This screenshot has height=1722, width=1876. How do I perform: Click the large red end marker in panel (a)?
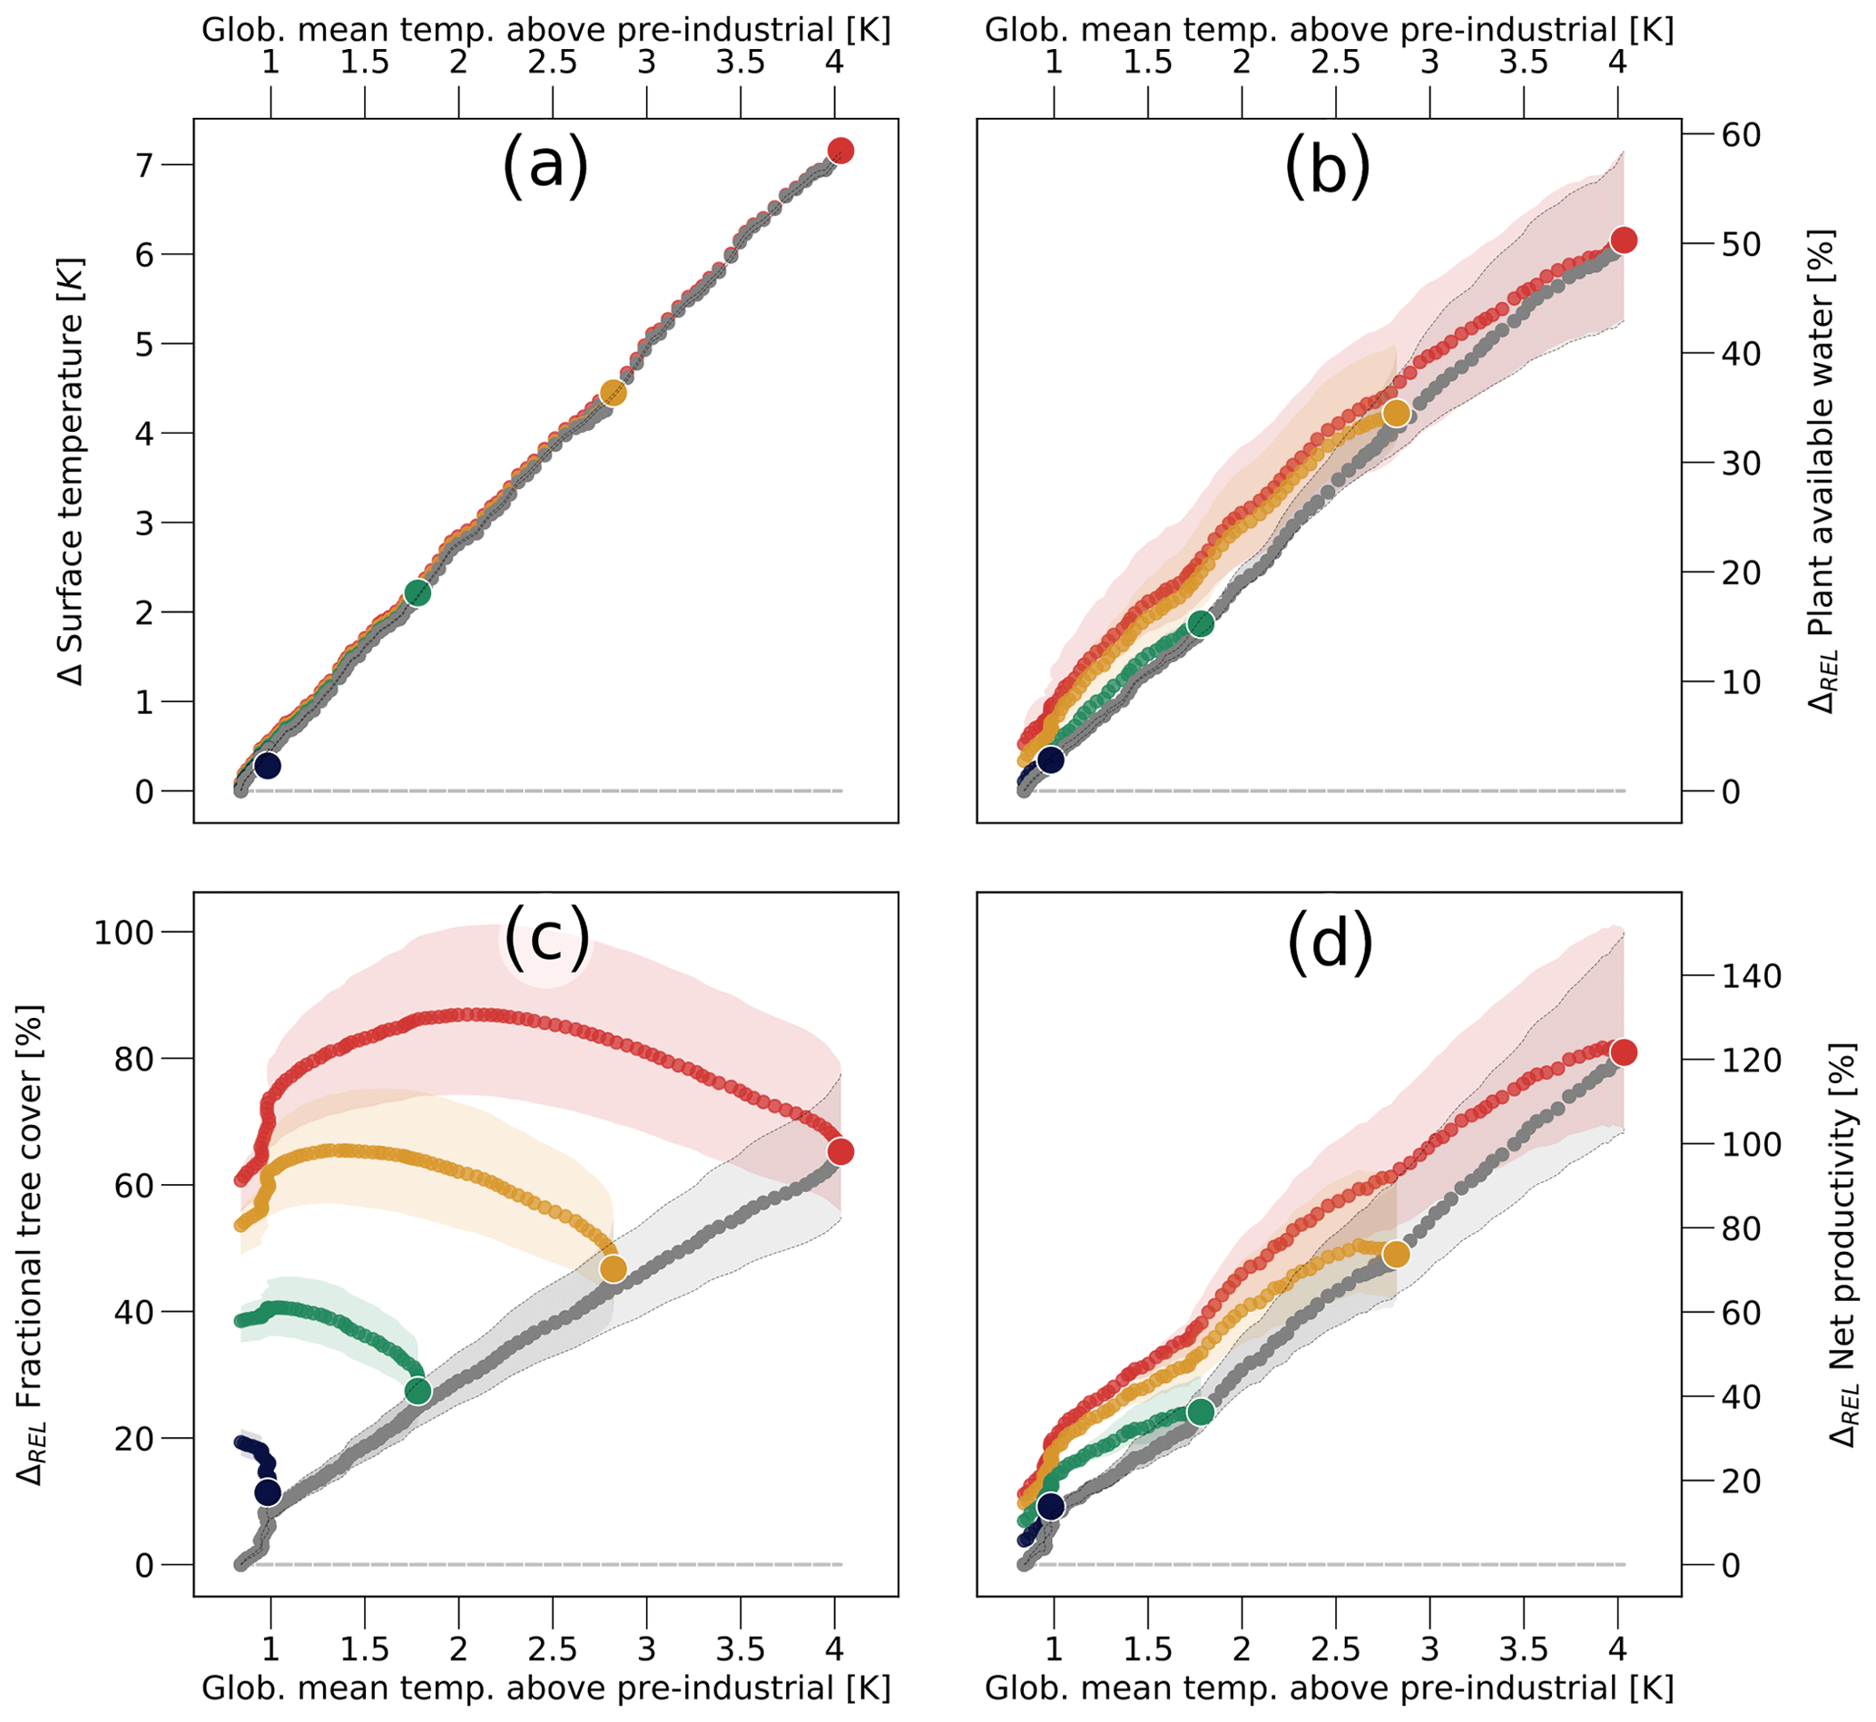click(x=840, y=150)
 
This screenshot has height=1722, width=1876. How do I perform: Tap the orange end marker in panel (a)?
click(x=613, y=392)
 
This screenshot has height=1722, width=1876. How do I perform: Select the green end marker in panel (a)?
click(x=417, y=592)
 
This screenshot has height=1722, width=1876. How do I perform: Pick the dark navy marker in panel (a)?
click(x=268, y=765)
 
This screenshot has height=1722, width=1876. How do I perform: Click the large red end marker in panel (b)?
click(x=1624, y=240)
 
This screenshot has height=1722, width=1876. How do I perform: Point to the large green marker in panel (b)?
click(x=1202, y=624)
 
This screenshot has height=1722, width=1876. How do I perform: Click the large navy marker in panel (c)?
click(x=268, y=1492)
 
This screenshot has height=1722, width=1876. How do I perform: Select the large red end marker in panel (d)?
click(x=1624, y=1053)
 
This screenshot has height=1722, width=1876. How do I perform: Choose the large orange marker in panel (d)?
click(x=1395, y=1254)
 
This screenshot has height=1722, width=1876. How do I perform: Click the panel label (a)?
click(x=545, y=165)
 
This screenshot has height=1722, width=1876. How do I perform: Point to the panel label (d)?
click(x=1330, y=943)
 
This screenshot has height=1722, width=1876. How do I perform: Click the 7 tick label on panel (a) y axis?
click(x=145, y=166)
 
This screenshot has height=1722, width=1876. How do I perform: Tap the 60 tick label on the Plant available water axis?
click(x=1740, y=135)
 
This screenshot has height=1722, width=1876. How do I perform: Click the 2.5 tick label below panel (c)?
click(x=553, y=1649)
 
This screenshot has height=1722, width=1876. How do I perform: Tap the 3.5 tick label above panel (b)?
click(x=1524, y=64)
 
